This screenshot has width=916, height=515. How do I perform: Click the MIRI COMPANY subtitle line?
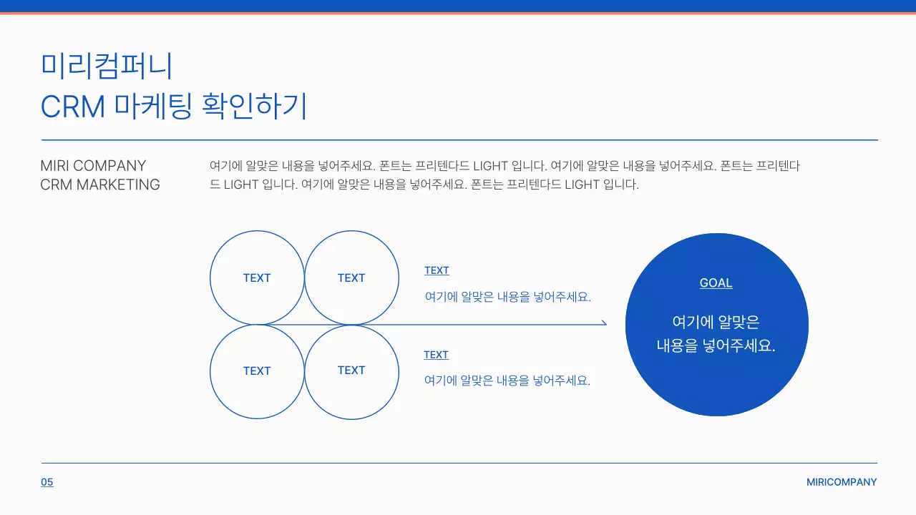93,166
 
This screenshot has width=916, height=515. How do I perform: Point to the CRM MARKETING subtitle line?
100,185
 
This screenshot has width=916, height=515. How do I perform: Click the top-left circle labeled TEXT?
257,278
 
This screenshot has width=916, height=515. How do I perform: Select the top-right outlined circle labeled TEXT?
351,278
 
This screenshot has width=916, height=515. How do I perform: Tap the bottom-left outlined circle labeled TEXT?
257,371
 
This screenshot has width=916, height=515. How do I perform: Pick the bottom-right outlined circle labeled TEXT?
351,371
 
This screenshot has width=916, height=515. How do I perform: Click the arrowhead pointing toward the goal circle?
603,323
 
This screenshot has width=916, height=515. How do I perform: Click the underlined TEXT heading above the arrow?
437,270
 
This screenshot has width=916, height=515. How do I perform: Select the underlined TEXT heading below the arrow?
436,355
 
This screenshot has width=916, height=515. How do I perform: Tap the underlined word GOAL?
716,283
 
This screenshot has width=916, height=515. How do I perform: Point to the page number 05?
47,482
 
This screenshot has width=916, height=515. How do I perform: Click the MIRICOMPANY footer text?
842,482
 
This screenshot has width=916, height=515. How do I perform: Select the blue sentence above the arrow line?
508,297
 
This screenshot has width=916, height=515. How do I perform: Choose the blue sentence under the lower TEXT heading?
507,381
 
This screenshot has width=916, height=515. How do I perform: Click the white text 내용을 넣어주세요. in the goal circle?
716,346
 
